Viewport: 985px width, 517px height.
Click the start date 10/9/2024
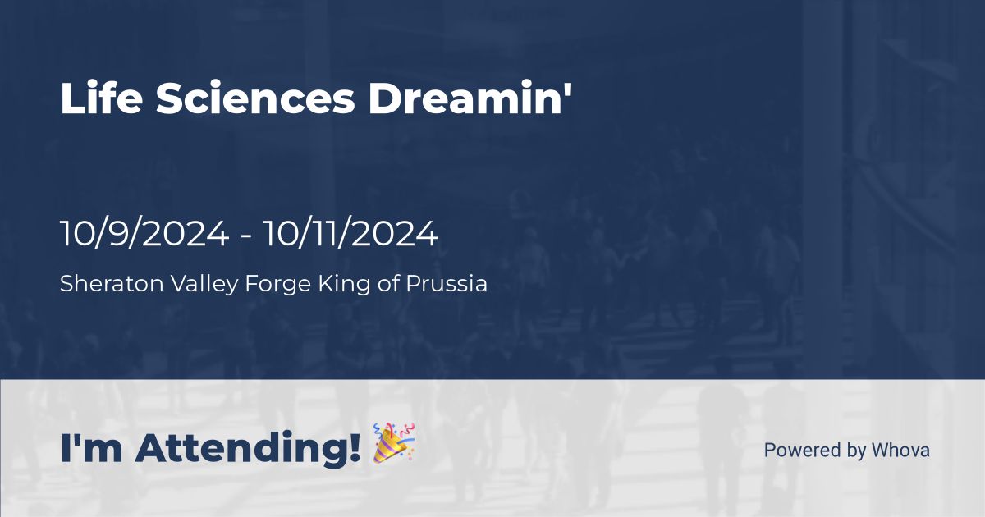coord(144,235)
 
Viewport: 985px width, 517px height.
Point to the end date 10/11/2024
coord(350,235)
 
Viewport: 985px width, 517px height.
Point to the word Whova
coord(900,450)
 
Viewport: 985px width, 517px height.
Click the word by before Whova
coord(857,451)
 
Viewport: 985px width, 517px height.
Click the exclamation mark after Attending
coord(355,447)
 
